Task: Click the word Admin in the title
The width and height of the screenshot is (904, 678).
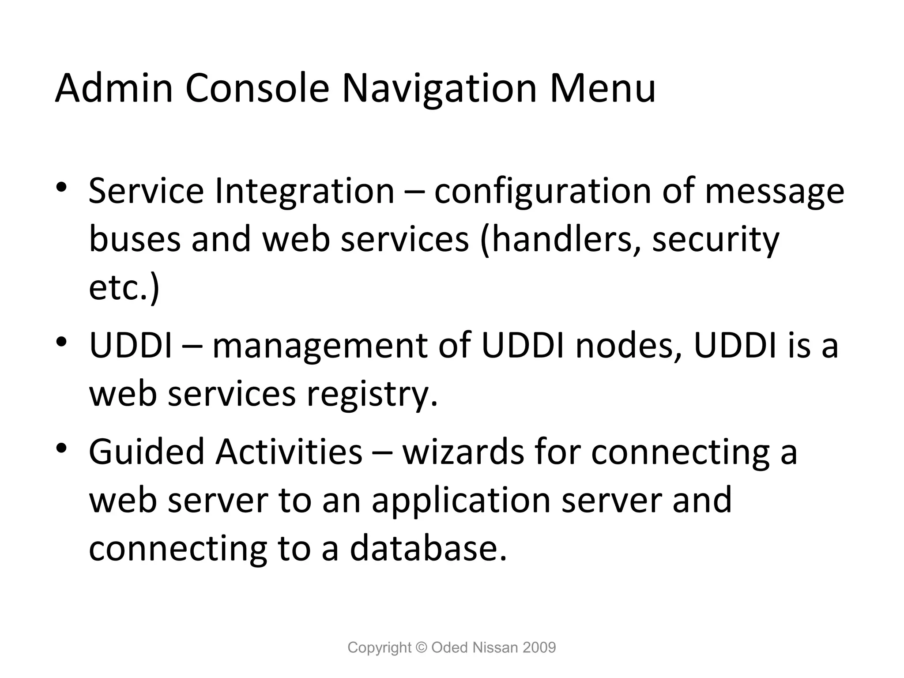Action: pyautogui.click(x=114, y=88)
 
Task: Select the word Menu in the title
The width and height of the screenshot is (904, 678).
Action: pyautogui.click(x=603, y=88)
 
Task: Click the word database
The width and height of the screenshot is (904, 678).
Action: pyautogui.click(x=429, y=548)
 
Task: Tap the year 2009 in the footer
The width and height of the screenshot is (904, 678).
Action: pyautogui.click(x=539, y=648)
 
